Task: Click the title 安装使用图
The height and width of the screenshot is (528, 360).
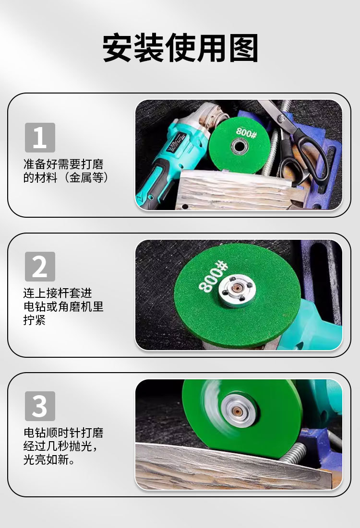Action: (180, 48)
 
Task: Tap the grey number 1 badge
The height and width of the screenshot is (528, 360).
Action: (40, 137)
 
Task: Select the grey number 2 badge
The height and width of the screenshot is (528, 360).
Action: (40, 266)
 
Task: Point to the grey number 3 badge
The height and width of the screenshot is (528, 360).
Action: (40, 406)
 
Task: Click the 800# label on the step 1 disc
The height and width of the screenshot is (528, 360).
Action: (246, 132)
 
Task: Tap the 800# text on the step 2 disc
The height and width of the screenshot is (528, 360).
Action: (212, 277)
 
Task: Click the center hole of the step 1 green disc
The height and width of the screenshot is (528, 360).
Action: (240, 146)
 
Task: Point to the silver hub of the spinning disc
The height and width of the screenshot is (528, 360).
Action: (239, 411)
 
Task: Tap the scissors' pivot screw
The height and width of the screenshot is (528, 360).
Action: (281, 118)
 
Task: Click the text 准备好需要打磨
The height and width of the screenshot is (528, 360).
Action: (63, 164)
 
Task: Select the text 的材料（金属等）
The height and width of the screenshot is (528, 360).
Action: (66, 177)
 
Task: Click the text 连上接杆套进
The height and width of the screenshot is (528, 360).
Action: (58, 293)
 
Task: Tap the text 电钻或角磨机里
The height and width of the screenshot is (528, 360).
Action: (63, 306)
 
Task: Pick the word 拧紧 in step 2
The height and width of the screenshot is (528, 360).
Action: (35, 320)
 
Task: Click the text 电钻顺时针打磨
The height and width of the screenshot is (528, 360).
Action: (63, 433)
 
